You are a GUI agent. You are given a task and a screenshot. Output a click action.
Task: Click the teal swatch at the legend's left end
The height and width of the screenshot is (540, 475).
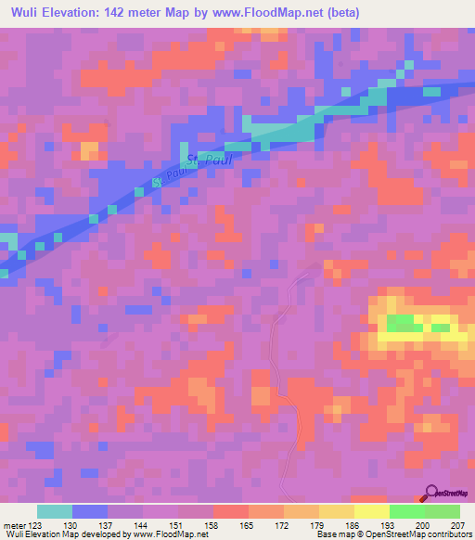(x=55, y=512)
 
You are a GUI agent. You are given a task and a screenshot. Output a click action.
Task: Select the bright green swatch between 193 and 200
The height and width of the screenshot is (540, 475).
(x=407, y=512)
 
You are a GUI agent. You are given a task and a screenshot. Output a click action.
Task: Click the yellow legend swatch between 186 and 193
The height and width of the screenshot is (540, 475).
(x=372, y=512)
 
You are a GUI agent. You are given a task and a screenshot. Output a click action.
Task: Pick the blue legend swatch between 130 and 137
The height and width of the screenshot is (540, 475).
(x=90, y=512)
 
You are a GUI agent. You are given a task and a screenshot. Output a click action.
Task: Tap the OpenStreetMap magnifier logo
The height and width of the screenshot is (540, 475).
(x=430, y=491)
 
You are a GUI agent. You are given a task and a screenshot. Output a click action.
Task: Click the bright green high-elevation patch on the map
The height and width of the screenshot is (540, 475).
(x=401, y=323)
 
